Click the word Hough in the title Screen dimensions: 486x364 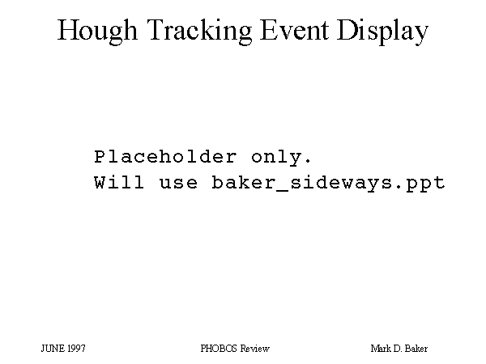click(x=97, y=32)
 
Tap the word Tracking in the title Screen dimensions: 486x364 click(x=199, y=32)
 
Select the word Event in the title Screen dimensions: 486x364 click(x=295, y=30)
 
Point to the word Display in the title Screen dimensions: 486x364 click(x=383, y=32)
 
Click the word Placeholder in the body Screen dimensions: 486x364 click(x=165, y=157)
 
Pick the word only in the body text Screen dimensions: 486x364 click(x=276, y=158)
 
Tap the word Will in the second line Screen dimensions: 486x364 click(x=119, y=182)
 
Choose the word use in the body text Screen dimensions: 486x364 click(x=178, y=184)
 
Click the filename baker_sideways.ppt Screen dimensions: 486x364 click(x=329, y=184)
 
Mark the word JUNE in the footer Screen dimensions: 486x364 click(x=53, y=349)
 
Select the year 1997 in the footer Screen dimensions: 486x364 click(x=76, y=349)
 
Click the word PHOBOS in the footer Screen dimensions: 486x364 click(x=219, y=349)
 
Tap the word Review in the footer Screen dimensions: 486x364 click(x=255, y=349)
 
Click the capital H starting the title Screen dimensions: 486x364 click(x=67, y=30)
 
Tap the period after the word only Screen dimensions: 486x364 click(x=308, y=161)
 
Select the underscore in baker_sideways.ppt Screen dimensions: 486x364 click(x=281, y=190)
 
